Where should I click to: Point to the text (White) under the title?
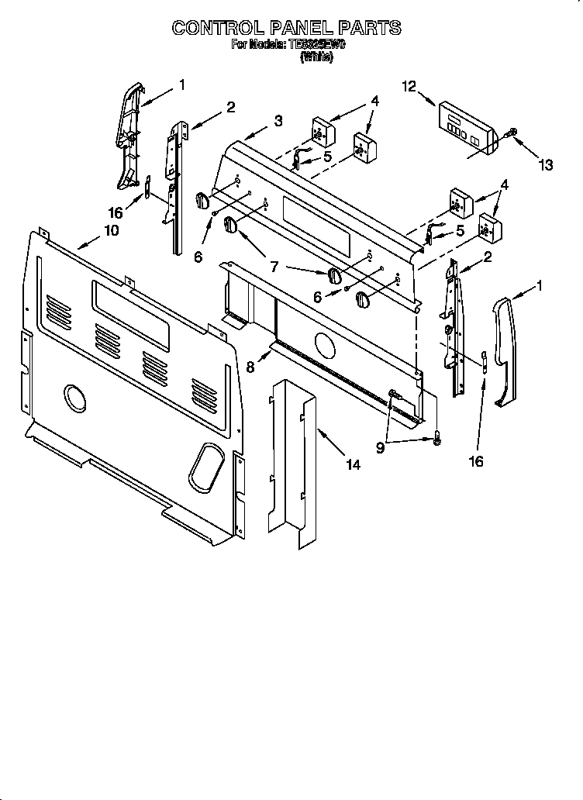coord(316,57)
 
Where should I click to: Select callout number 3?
coord(278,120)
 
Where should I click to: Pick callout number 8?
coord(250,367)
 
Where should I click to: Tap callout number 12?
coord(409,87)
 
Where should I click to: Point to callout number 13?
coord(546,164)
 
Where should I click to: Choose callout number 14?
coord(353,465)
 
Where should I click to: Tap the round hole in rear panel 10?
coord(74,398)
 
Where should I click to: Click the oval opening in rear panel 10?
coord(205,463)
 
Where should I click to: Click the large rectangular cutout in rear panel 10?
coord(130,313)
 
